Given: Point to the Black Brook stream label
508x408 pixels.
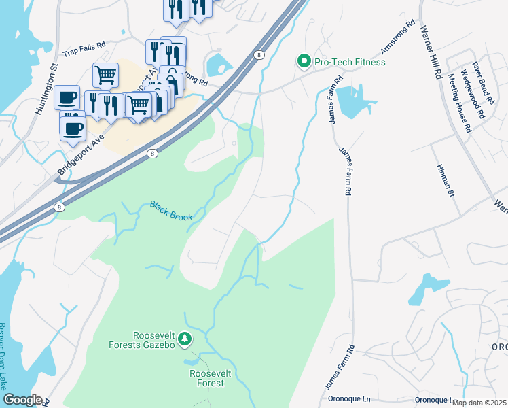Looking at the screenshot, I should point(171,211).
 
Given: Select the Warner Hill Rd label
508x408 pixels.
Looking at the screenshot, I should point(431,51).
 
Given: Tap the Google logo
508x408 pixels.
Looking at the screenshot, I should point(22,400).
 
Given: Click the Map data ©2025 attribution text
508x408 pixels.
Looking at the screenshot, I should point(478,403).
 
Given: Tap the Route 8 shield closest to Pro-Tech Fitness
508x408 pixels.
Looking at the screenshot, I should point(258,54).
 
